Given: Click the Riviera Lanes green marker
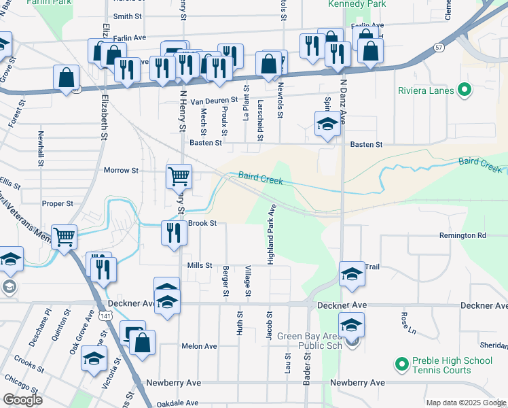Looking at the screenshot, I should click(x=465, y=88).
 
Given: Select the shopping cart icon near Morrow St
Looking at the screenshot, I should click(x=179, y=176).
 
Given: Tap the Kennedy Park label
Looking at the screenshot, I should click(x=357, y=4).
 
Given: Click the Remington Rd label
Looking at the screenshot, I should click(x=463, y=235).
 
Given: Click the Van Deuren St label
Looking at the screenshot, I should click(x=213, y=101).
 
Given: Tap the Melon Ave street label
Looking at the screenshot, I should click(x=199, y=346).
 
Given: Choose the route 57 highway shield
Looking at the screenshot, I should click(x=439, y=48).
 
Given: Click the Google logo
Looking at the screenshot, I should click(x=22, y=400).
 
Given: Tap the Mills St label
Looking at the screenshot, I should click(x=200, y=266).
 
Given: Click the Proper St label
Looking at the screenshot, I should click(x=57, y=203).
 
